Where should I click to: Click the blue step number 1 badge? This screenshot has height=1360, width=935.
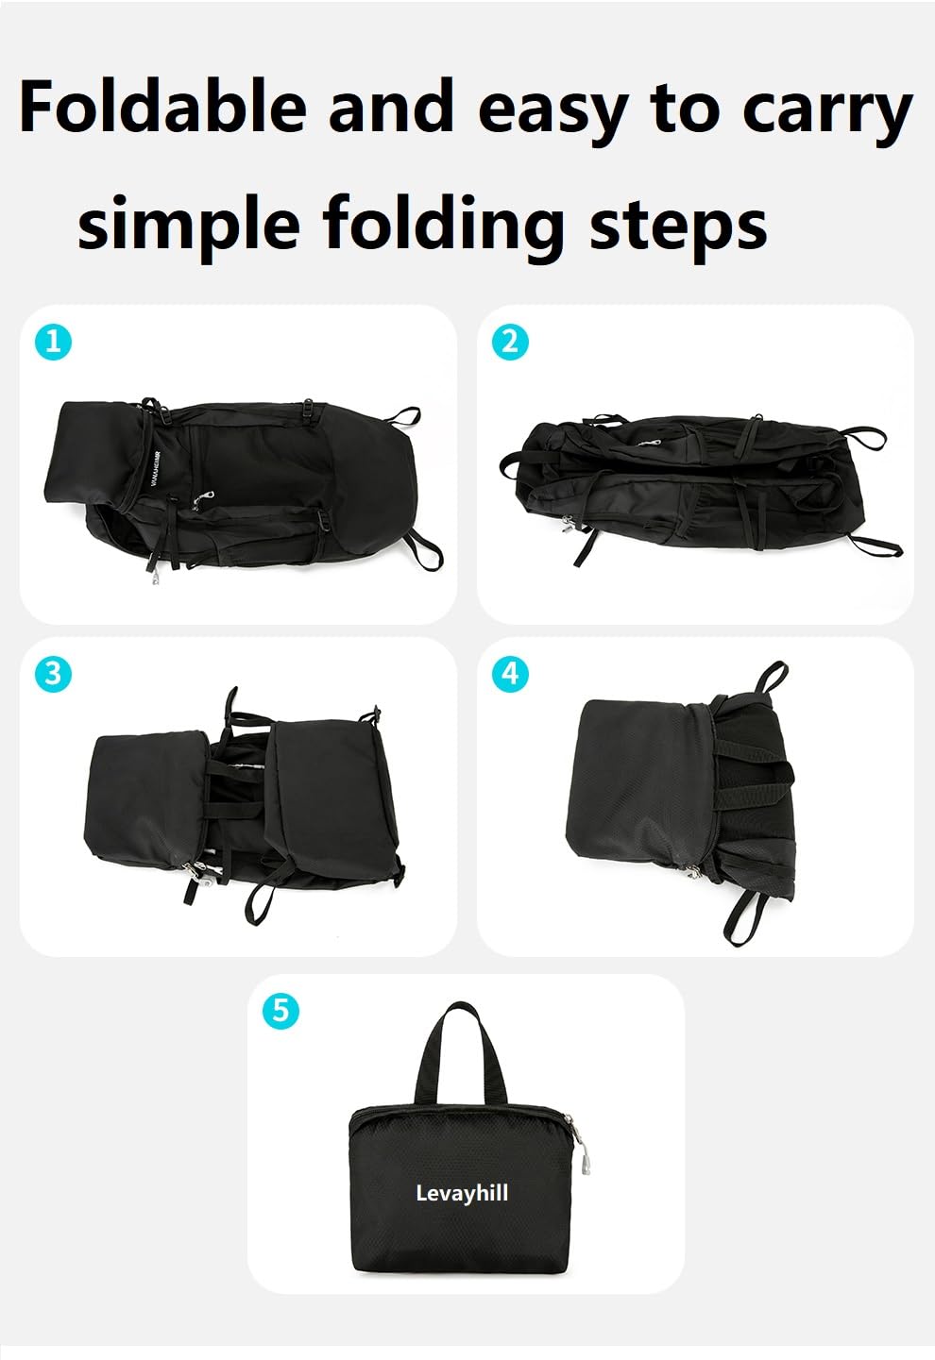(53, 341)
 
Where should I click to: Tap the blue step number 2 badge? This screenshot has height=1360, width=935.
(510, 341)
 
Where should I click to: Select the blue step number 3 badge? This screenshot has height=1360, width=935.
(53, 673)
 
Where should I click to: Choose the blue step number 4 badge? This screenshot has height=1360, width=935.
(510, 673)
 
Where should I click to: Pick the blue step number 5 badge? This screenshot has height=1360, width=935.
(280, 1011)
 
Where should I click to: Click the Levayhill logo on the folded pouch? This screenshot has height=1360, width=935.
(462, 1193)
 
